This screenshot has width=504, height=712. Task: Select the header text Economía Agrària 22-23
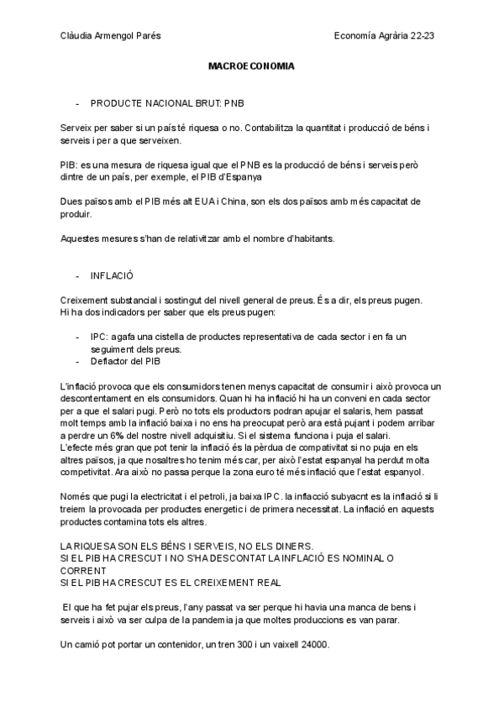(x=388, y=35)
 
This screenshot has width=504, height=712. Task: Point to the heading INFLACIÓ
(x=112, y=275)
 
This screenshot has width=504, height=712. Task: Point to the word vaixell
(x=278, y=644)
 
